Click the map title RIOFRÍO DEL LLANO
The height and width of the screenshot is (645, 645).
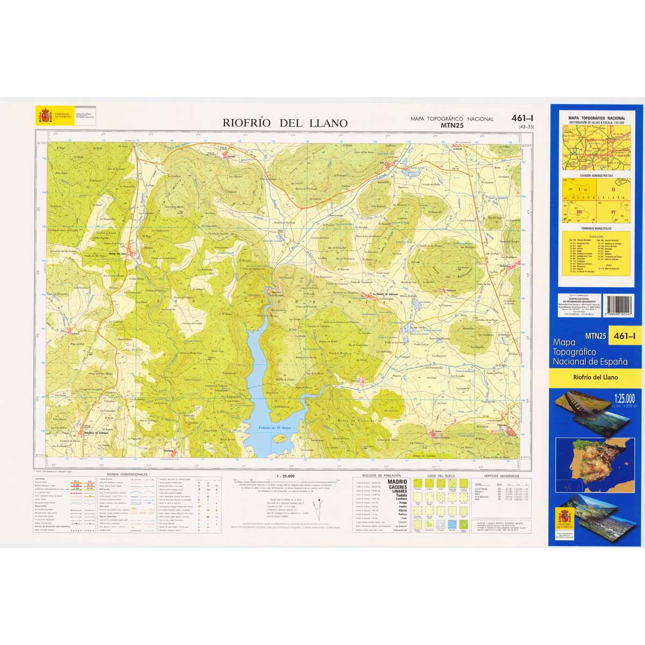(x=285, y=123)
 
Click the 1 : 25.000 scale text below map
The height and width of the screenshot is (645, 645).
(x=285, y=476)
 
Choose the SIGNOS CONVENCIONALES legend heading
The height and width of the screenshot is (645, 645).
(x=127, y=475)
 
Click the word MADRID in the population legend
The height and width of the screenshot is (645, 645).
(x=397, y=482)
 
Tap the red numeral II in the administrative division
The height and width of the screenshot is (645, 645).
(x=613, y=190)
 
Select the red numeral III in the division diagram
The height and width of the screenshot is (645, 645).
(x=579, y=212)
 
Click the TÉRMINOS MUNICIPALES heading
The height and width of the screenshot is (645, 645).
(x=596, y=228)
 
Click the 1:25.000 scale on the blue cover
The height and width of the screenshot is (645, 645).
(x=623, y=398)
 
